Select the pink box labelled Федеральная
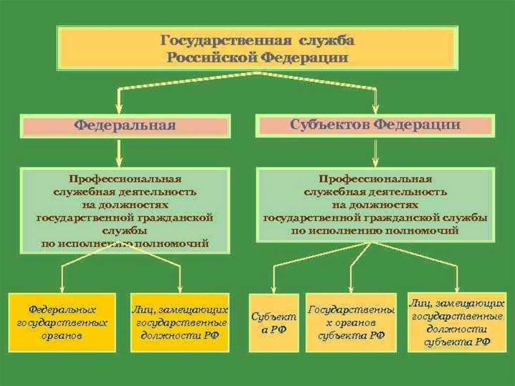tap(125, 125)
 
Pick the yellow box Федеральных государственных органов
tap(62, 322)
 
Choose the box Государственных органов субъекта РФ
tap(351, 323)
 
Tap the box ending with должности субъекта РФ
tap(457, 323)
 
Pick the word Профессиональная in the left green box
tap(125, 179)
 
